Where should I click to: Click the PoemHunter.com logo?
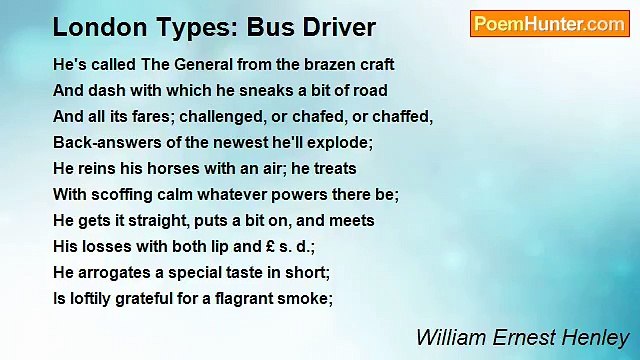click(x=549, y=24)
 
